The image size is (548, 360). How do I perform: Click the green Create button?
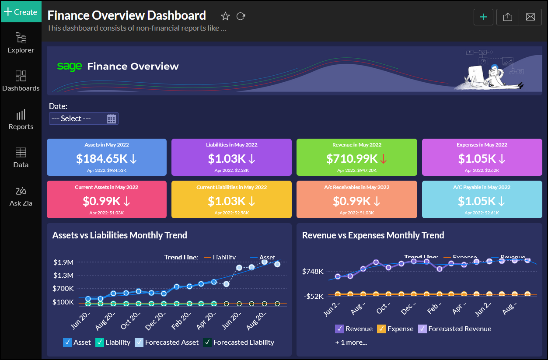[x=21, y=12]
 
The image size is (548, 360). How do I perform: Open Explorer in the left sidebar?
[x=21, y=42]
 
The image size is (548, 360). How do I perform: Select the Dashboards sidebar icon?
[x=21, y=81]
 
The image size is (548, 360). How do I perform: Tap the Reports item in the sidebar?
[x=21, y=119]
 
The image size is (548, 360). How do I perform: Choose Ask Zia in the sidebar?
[x=21, y=196]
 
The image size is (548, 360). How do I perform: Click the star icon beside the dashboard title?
[x=225, y=16]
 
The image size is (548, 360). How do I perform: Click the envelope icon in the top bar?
[x=530, y=17]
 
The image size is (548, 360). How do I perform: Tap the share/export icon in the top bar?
[x=507, y=17]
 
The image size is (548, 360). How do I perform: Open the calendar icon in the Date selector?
[x=111, y=119]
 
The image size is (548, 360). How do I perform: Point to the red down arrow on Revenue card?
[x=383, y=158]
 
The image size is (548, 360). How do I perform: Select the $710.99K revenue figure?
[x=352, y=158]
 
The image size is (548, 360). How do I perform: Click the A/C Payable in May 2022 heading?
[x=482, y=187]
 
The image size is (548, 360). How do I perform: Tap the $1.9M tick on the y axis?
[x=63, y=262]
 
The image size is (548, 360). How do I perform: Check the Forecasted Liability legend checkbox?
[x=207, y=343]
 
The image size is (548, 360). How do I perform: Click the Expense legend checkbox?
[x=381, y=329]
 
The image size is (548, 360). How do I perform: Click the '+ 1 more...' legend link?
[x=351, y=343]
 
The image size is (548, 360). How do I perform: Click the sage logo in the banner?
[x=70, y=66]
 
